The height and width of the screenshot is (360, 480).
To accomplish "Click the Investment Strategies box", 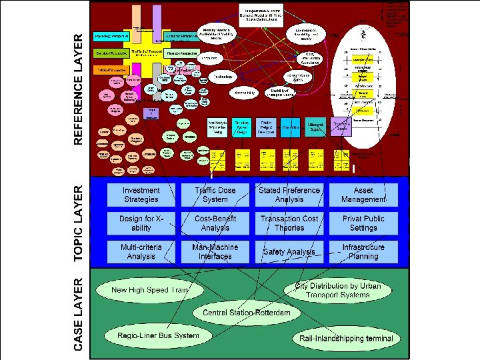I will click(141, 195).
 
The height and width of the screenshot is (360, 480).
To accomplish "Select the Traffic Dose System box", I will click(215, 195).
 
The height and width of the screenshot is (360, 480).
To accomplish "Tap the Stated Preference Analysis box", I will click(289, 195).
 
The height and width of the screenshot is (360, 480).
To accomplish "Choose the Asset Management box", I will click(363, 195).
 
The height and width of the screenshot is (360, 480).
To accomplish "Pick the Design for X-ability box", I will click(141, 223).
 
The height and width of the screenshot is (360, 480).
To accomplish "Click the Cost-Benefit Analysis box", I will click(215, 223).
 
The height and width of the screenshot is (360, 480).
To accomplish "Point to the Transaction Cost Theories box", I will click(289, 223).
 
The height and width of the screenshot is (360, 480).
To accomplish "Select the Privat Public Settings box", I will click(363, 223).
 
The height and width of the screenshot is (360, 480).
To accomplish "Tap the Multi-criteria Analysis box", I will click(141, 251).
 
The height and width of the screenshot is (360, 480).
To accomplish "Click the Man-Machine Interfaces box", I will click(215, 251).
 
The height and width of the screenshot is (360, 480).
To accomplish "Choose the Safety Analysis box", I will click(289, 251).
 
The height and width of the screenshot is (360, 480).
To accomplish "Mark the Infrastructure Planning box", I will click(363, 251).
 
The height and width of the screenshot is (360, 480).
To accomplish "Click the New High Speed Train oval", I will click(150, 291).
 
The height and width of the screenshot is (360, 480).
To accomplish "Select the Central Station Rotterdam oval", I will click(243, 313).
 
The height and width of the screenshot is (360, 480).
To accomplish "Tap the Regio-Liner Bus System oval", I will click(158, 335).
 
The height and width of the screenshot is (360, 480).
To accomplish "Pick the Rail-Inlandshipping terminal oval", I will click(346, 339).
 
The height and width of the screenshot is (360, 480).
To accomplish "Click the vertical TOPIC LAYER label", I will click(78, 223).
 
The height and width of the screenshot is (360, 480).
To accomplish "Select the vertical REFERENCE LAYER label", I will click(78, 89).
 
